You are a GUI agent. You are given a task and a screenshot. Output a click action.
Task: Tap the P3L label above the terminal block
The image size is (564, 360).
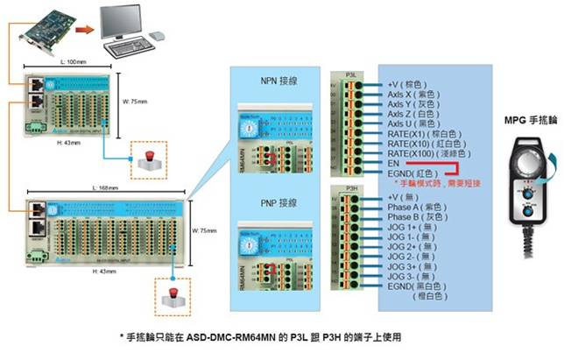click(x=349, y=74)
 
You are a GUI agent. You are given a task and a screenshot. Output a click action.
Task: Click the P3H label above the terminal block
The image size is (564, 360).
click(x=350, y=188)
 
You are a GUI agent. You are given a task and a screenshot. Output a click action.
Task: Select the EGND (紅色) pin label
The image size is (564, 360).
click(x=416, y=173)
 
